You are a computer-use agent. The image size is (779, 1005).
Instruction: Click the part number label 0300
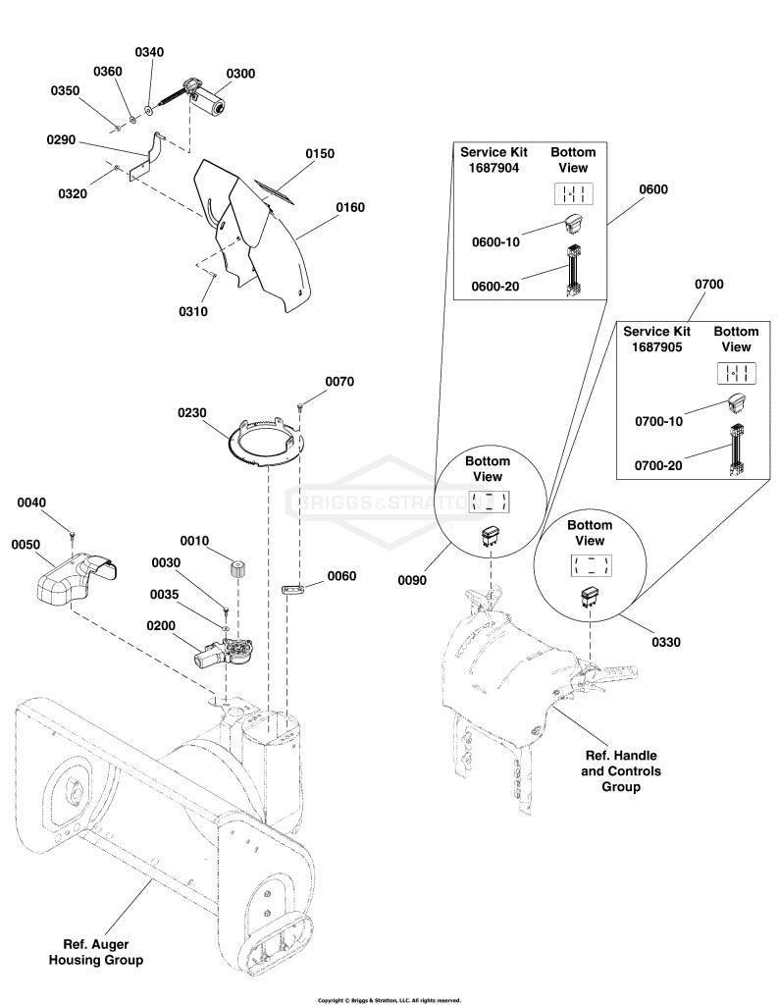click(x=240, y=74)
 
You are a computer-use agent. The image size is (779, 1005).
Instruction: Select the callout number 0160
click(x=350, y=207)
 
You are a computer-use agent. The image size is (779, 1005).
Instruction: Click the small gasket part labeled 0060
click(x=291, y=588)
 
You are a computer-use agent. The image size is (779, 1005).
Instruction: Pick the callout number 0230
click(x=192, y=413)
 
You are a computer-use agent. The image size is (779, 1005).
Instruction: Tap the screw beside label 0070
click(x=300, y=405)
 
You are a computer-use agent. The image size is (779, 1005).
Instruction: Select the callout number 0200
click(x=161, y=625)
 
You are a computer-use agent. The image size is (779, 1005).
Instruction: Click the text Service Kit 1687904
click(x=493, y=160)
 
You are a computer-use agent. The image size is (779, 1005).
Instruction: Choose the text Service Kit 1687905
click(x=656, y=339)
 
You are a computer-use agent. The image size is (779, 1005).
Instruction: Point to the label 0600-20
click(x=495, y=286)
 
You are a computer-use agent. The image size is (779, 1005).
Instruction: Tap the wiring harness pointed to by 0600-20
click(x=573, y=272)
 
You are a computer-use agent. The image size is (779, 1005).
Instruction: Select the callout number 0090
click(x=412, y=580)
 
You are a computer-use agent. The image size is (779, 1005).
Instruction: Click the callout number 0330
click(x=666, y=642)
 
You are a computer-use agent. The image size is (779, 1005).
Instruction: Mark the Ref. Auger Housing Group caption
click(x=96, y=952)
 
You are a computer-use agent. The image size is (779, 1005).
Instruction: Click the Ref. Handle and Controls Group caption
click(x=621, y=771)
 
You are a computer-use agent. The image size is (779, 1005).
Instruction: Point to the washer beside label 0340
click(x=148, y=110)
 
